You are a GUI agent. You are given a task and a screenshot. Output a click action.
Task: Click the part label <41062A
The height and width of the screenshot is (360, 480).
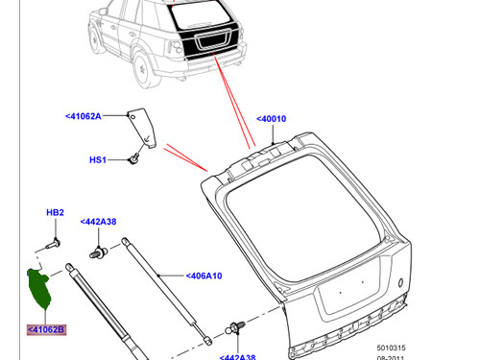(84, 116)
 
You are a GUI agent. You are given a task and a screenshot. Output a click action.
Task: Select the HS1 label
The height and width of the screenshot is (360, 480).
(98, 159)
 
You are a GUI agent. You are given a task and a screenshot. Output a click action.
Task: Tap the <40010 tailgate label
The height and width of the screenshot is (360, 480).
(272, 119)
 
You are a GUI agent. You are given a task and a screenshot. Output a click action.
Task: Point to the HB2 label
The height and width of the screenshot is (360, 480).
(55, 212)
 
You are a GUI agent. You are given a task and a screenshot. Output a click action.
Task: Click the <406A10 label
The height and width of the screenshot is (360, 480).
(204, 276)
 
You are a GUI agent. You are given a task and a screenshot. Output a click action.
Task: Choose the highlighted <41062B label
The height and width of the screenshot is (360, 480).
(46, 329)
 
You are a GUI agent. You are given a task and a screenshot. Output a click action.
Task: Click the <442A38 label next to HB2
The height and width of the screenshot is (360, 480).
(98, 222)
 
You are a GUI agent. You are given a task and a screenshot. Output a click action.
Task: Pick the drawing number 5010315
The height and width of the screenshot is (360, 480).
(391, 348)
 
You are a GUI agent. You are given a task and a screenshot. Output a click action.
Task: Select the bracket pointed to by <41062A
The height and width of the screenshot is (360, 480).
(143, 128)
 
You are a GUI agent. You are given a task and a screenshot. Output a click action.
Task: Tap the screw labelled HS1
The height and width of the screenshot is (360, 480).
(133, 158)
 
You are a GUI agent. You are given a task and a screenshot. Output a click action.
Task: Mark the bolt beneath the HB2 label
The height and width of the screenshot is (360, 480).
(54, 244)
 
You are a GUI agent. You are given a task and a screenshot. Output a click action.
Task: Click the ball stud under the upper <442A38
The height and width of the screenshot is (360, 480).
(99, 252)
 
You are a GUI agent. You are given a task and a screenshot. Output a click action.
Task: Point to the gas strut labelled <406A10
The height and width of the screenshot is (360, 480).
(166, 291)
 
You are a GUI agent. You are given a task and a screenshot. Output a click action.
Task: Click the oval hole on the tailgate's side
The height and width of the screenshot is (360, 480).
(400, 282)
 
